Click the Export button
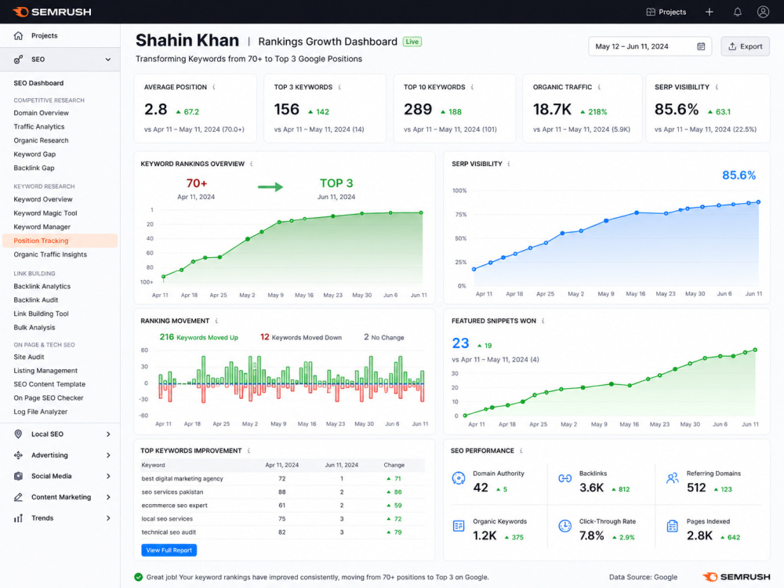(x=745, y=46)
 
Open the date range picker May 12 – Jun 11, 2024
(x=649, y=46)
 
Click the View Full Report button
(x=169, y=550)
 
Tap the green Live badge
(x=412, y=42)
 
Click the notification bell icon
(x=738, y=12)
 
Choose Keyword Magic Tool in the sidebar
(x=45, y=213)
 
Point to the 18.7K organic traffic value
(x=552, y=110)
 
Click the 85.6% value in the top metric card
(x=677, y=110)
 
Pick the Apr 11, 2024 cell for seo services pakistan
(x=282, y=492)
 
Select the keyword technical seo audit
(x=169, y=532)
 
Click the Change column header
(x=394, y=465)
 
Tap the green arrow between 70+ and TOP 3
(x=270, y=187)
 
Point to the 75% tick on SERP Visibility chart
(x=459, y=215)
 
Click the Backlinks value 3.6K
(x=591, y=488)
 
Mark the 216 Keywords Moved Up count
(x=166, y=337)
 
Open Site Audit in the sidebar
(x=29, y=357)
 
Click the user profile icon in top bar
(x=763, y=12)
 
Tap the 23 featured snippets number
(x=460, y=343)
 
